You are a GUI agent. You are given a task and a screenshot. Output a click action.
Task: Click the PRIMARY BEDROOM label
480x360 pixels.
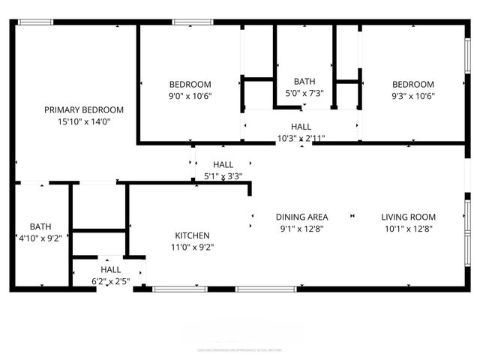click(83, 109)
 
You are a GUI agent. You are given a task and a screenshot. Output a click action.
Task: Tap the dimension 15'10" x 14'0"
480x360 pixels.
click(83, 121)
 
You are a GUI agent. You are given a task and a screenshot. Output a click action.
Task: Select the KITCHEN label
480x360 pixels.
click(192, 235)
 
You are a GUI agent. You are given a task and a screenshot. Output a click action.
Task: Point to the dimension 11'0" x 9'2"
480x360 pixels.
click(192, 247)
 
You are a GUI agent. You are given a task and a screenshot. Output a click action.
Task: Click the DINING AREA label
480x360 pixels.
click(301, 217)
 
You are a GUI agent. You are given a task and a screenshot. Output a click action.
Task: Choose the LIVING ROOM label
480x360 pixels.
click(408, 217)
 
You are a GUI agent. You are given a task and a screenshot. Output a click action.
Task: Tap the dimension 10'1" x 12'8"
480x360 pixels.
click(408, 229)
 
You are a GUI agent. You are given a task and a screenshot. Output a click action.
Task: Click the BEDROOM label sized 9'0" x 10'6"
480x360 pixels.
click(190, 85)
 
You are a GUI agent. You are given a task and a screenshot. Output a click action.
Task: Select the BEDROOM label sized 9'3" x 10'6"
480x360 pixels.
click(413, 85)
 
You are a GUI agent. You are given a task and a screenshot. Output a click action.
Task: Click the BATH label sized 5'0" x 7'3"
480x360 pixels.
click(304, 82)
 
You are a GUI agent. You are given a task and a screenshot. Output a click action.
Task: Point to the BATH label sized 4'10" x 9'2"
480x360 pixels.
click(40, 226)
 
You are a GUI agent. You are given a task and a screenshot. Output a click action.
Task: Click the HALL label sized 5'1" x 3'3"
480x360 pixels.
click(223, 165)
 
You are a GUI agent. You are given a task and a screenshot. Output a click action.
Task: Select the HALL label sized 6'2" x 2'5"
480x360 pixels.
click(111, 270)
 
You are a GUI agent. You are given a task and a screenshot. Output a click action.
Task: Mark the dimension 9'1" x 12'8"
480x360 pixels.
click(301, 229)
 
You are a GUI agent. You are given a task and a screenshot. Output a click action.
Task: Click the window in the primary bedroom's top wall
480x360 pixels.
click(35, 22)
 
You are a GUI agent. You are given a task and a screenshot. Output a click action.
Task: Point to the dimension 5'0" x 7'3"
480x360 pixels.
click(304, 94)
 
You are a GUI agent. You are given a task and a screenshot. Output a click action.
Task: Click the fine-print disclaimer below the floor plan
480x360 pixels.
click(240, 349)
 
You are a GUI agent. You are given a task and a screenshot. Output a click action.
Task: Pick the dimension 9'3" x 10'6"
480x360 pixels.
click(413, 96)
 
